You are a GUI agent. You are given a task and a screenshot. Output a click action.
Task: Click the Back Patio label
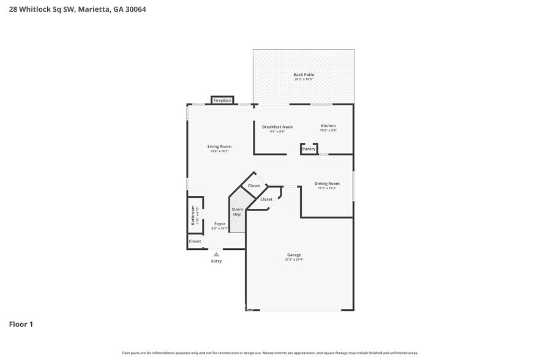pos(304,75)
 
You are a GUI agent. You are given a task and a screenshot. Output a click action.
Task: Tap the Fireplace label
pos(222,100)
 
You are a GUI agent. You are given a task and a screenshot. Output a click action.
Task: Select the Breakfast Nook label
pos(277,127)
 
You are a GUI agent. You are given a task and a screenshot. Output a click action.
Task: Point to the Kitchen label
pos(328,126)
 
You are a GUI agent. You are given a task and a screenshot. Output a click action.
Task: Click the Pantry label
pos(309,149)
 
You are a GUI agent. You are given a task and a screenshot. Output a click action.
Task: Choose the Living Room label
pos(219,146)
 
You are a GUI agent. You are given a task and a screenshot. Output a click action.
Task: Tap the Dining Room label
pos(327,184)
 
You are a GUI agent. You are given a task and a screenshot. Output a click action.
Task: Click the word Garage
pos(294,255)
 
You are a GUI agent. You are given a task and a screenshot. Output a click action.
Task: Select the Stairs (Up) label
pos(237,212)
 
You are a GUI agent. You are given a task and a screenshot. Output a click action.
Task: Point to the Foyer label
pos(219,223)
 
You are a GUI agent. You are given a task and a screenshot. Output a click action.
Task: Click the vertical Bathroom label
pos(192,216)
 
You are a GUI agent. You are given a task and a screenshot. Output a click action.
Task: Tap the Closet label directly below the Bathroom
pos(195,241)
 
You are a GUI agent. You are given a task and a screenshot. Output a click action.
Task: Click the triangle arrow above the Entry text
pos(216,253)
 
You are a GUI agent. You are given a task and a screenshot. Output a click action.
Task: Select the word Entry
pos(216,261)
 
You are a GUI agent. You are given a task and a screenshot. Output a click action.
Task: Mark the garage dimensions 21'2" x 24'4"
pos(294,260)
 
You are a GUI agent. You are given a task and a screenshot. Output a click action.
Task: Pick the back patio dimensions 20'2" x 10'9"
pos(304,80)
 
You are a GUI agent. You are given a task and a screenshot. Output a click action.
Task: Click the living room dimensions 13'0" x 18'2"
pos(219,151)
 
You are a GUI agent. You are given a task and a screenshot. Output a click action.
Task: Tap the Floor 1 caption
pos(21,324)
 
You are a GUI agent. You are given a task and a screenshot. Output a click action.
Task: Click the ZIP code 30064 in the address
pos(137,9)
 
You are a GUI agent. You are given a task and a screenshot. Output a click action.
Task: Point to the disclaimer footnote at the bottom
pos(269,353)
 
